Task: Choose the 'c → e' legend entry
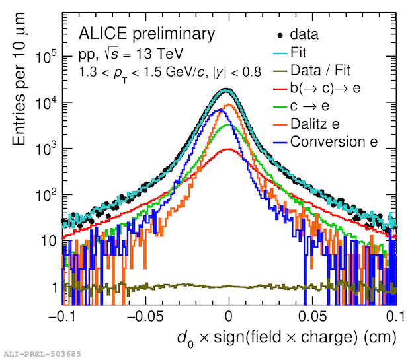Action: pos(310,105)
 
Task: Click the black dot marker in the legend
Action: pos(282,34)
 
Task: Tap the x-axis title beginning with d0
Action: pos(286,339)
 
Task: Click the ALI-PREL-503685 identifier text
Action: pos(42,355)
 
